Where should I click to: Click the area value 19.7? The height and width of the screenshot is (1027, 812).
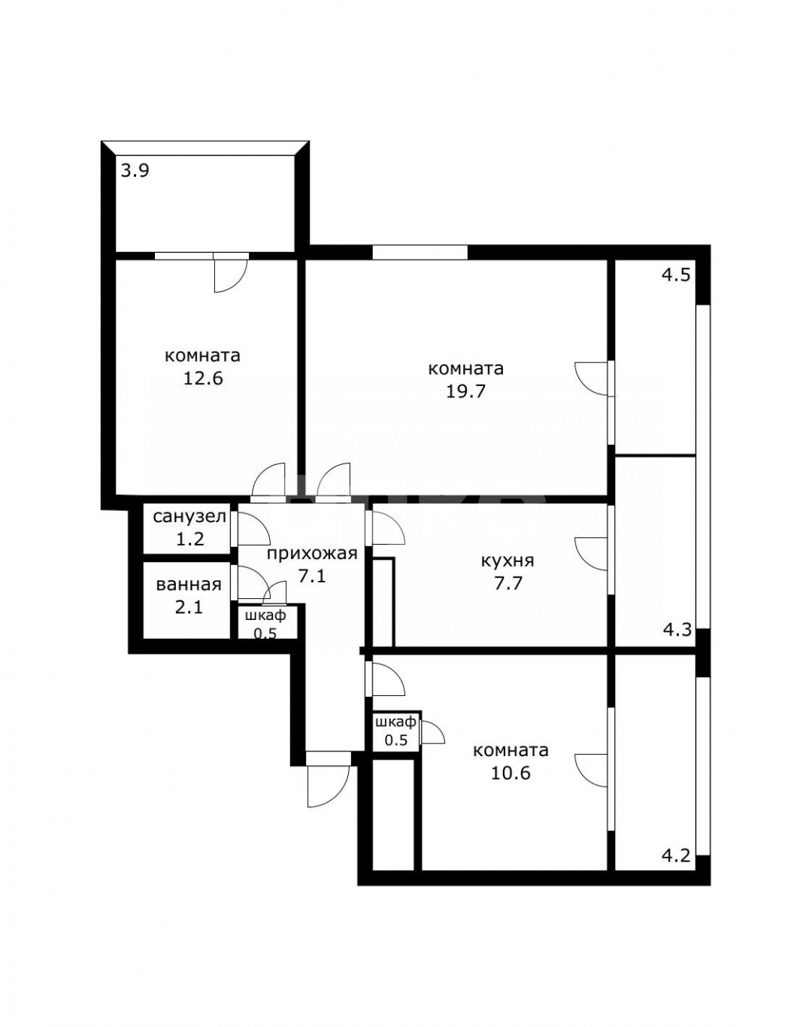coord(466,391)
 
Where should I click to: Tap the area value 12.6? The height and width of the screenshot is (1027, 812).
coord(203,378)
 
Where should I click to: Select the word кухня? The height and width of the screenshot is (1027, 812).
coord(507,561)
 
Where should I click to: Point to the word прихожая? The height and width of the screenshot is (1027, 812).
coord(311,555)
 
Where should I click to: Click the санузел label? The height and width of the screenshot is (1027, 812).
coord(189,517)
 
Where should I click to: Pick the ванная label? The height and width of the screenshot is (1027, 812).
coord(189,585)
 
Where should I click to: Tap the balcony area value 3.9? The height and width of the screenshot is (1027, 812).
coord(135,171)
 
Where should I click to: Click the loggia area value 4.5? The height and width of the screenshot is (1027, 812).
coord(675,275)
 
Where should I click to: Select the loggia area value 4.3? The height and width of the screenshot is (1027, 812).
coord(677,629)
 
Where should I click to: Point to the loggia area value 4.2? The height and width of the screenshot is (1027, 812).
coord(675,855)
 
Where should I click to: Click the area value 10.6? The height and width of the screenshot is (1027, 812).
coord(511,773)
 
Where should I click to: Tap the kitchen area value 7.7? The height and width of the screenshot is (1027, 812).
coord(507,582)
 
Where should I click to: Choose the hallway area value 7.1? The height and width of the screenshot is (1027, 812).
coord(311,577)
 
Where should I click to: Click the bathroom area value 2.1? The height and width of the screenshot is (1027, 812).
coord(189,606)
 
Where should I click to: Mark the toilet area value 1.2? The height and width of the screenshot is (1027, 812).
coord(189,539)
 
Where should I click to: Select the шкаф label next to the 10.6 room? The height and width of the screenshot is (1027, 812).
coord(395,722)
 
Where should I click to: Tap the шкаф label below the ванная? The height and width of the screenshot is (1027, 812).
coord(265,615)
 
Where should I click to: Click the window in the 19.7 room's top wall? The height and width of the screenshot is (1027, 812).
coord(420,253)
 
